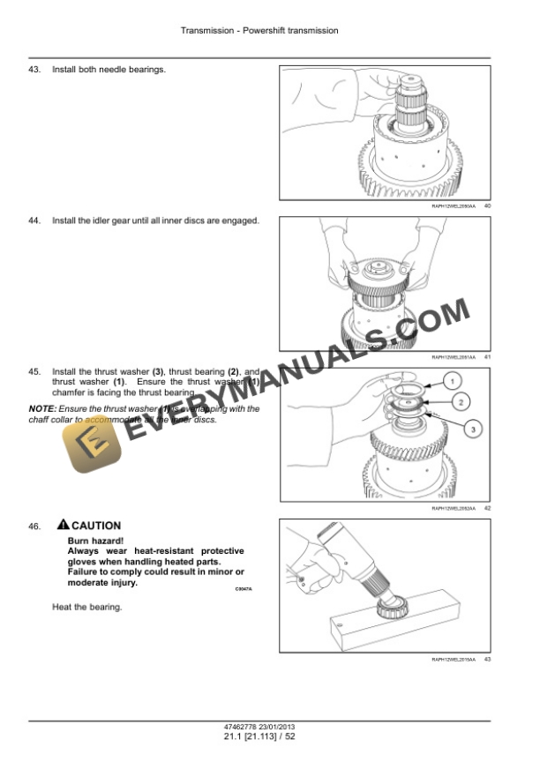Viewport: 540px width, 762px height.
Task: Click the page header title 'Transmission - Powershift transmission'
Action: click(259, 31)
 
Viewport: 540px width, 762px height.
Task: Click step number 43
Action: click(35, 69)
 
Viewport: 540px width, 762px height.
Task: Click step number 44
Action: click(35, 220)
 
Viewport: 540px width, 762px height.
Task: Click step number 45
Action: click(35, 372)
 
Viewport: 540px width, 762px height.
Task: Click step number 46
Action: click(35, 527)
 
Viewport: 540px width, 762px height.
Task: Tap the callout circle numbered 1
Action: click(450, 381)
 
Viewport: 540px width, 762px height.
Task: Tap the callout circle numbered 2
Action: click(460, 402)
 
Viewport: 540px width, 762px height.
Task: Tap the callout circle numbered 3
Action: click(473, 429)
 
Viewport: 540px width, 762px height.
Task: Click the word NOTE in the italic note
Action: click(41, 409)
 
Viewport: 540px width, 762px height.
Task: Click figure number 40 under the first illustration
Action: click(487, 205)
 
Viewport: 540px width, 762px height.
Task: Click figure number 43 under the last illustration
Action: click(487, 660)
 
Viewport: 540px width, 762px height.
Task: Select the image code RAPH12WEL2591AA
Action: click(453, 357)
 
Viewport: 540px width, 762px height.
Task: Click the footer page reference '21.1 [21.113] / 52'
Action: click(259, 736)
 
